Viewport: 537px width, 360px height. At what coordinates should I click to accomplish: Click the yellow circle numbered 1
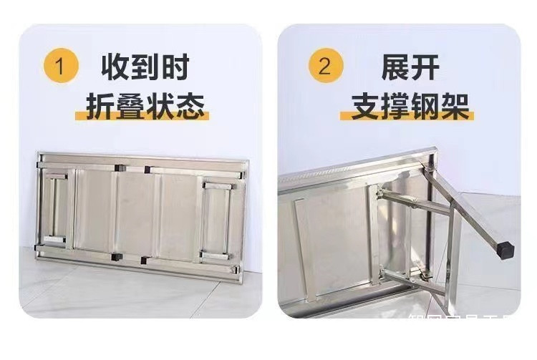pos(61,67)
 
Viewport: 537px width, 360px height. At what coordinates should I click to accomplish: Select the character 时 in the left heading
pos(175,67)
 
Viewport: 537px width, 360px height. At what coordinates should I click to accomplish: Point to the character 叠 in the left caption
pos(132,105)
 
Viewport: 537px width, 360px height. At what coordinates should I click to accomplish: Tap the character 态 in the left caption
pos(191,105)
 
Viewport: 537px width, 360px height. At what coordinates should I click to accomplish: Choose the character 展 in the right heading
pos(395,67)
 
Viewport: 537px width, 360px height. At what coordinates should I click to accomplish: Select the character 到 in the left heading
pos(146,67)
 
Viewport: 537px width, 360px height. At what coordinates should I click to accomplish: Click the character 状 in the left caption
pos(162,105)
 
